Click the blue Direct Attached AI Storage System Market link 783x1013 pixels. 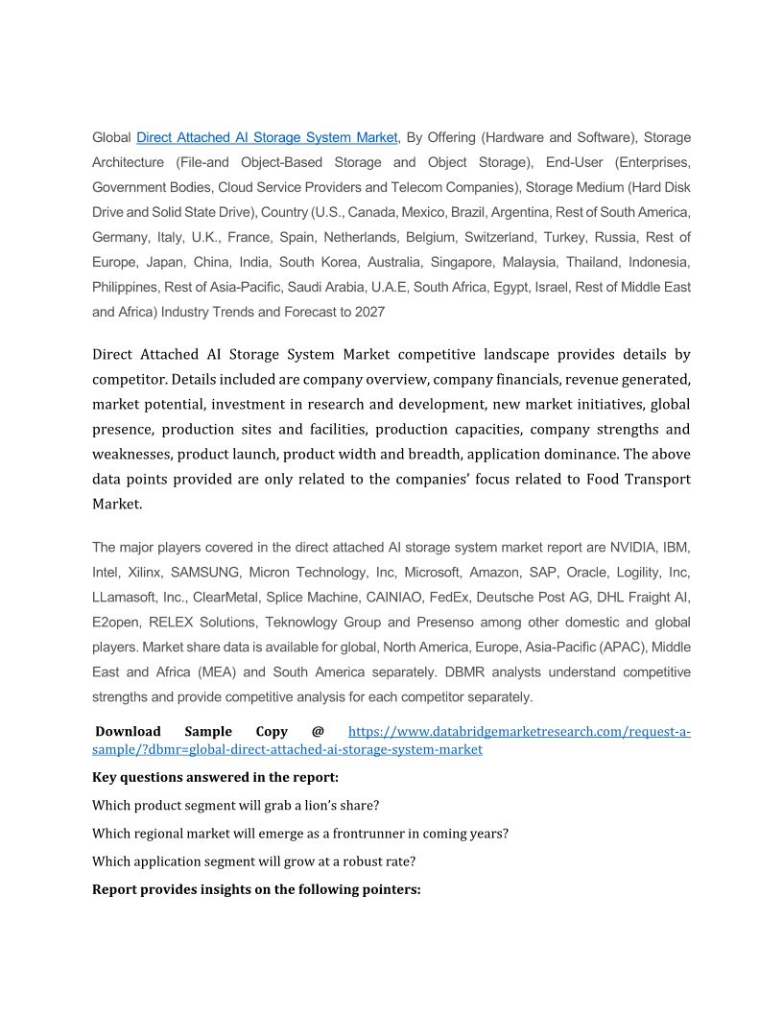click(x=267, y=137)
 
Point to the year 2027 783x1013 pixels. click(x=369, y=312)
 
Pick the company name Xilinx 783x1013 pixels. click(x=144, y=573)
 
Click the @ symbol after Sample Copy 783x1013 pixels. click(x=318, y=732)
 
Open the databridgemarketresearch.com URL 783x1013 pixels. click(x=518, y=732)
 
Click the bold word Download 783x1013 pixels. click(x=128, y=732)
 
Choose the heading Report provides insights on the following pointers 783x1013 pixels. click(x=256, y=889)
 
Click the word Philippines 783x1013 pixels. click(x=125, y=287)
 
